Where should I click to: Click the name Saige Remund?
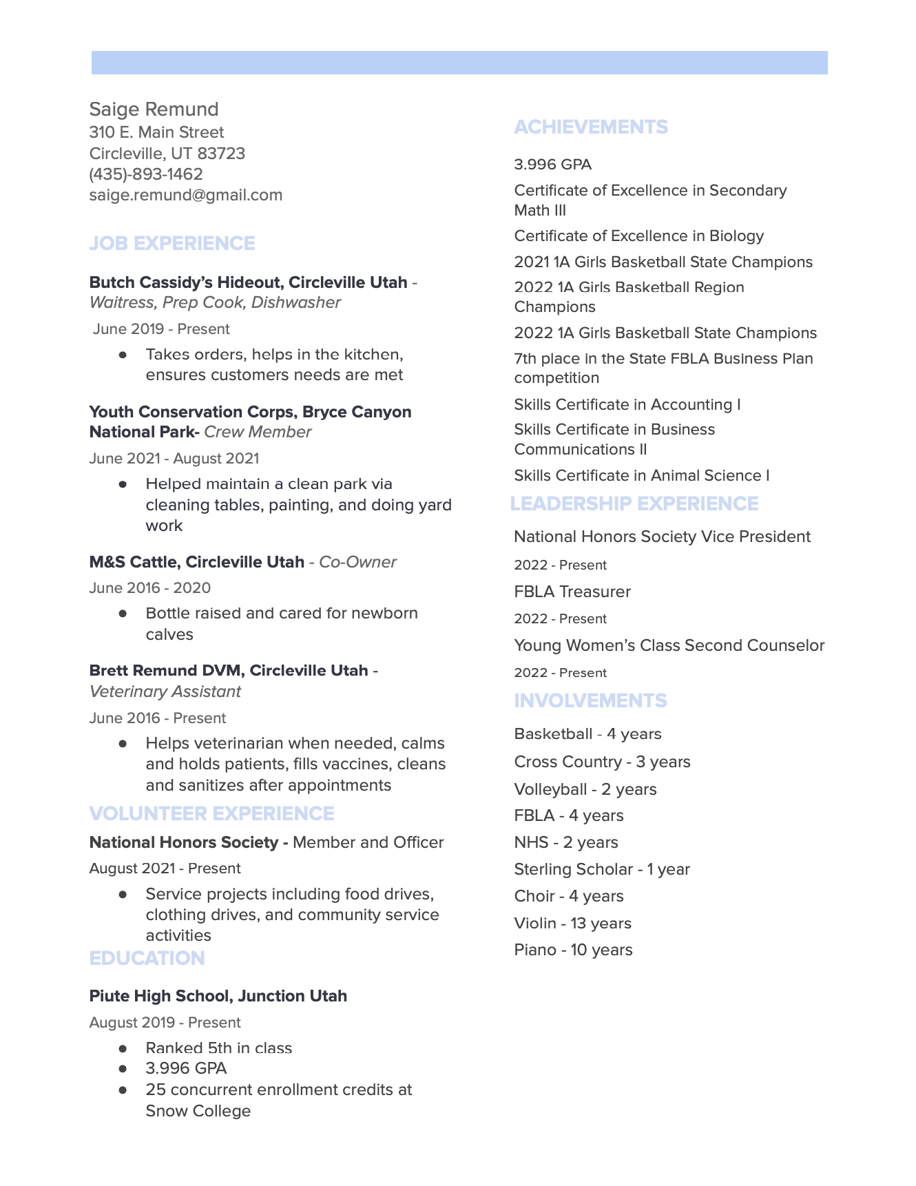154,110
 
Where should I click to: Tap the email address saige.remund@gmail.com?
185,195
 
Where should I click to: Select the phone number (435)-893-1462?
146,174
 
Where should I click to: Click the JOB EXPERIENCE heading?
172,244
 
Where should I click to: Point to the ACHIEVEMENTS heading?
590,127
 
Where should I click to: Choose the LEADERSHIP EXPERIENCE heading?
634,504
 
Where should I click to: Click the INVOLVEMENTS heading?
590,701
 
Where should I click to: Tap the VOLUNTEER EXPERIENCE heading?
211,814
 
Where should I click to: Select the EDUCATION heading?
147,959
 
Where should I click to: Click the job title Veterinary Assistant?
165,691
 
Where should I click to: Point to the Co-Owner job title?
357,562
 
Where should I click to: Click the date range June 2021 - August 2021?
174,459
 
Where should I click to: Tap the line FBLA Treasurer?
572,592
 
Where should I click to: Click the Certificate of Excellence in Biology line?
638,236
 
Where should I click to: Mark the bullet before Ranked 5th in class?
123,1048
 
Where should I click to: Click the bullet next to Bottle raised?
123,613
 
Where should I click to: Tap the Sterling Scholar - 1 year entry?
601,870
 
